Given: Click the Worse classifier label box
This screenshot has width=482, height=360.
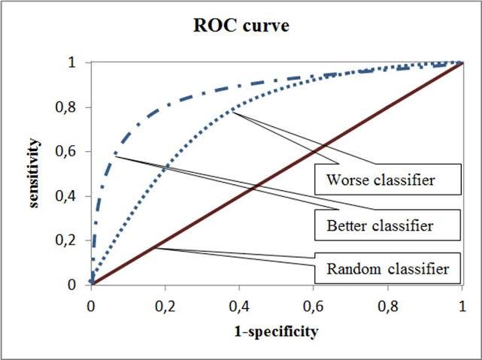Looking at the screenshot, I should [383, 181].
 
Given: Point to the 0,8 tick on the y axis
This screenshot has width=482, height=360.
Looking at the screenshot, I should [74, 107].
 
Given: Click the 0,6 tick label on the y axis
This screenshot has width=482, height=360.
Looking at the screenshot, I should [74, 152].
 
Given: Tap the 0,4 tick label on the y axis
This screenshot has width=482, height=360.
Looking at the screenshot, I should [74, 196].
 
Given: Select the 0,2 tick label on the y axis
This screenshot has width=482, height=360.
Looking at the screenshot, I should [74, 241].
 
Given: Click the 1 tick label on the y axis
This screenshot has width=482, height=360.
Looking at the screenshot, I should [79, 63].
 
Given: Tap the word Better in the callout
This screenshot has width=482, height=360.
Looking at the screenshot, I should [346, 224].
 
